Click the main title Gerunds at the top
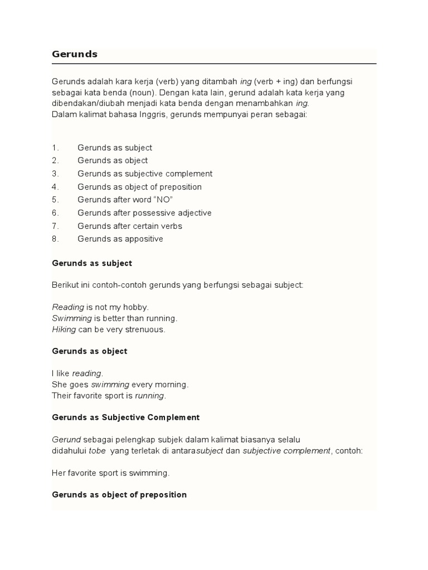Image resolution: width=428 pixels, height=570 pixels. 75,54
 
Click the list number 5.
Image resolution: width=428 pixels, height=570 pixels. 55,200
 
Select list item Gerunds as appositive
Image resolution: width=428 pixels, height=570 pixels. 120,239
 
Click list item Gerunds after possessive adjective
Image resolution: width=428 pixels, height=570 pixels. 144,213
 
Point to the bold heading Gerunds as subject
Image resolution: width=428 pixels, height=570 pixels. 92,263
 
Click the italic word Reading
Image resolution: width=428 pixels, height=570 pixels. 68,307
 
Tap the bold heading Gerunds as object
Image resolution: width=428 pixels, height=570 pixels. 90,351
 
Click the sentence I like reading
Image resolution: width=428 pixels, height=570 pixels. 77,373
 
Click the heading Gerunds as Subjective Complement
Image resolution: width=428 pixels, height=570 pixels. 126,417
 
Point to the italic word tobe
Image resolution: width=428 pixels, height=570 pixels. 97,450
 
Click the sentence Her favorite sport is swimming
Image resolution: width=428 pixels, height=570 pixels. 110,473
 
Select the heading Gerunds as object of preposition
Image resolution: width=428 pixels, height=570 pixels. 119,494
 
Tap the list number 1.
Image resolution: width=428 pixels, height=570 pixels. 55,148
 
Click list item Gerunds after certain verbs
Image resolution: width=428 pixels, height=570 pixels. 130,226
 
